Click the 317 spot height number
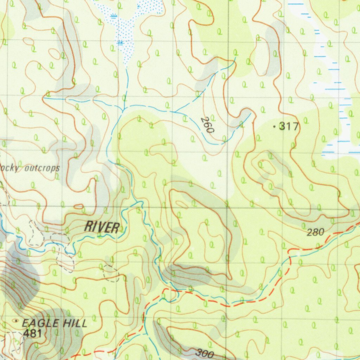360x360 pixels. [289, 126]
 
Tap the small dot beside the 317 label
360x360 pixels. [274, 127]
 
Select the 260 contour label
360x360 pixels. [207, 125]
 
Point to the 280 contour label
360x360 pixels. [315, 232]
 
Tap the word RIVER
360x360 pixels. [102, 227]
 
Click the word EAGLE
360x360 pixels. [36, 323]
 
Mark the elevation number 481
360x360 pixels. [33, 334]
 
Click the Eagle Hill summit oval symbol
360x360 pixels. [16, 321]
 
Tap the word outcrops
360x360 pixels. [42, 169]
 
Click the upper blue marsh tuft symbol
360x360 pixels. [113, 15]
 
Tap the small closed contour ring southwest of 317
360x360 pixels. [266, 167]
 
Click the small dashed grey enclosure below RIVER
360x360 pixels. [111, 273]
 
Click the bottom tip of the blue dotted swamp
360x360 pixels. [126, 65]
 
